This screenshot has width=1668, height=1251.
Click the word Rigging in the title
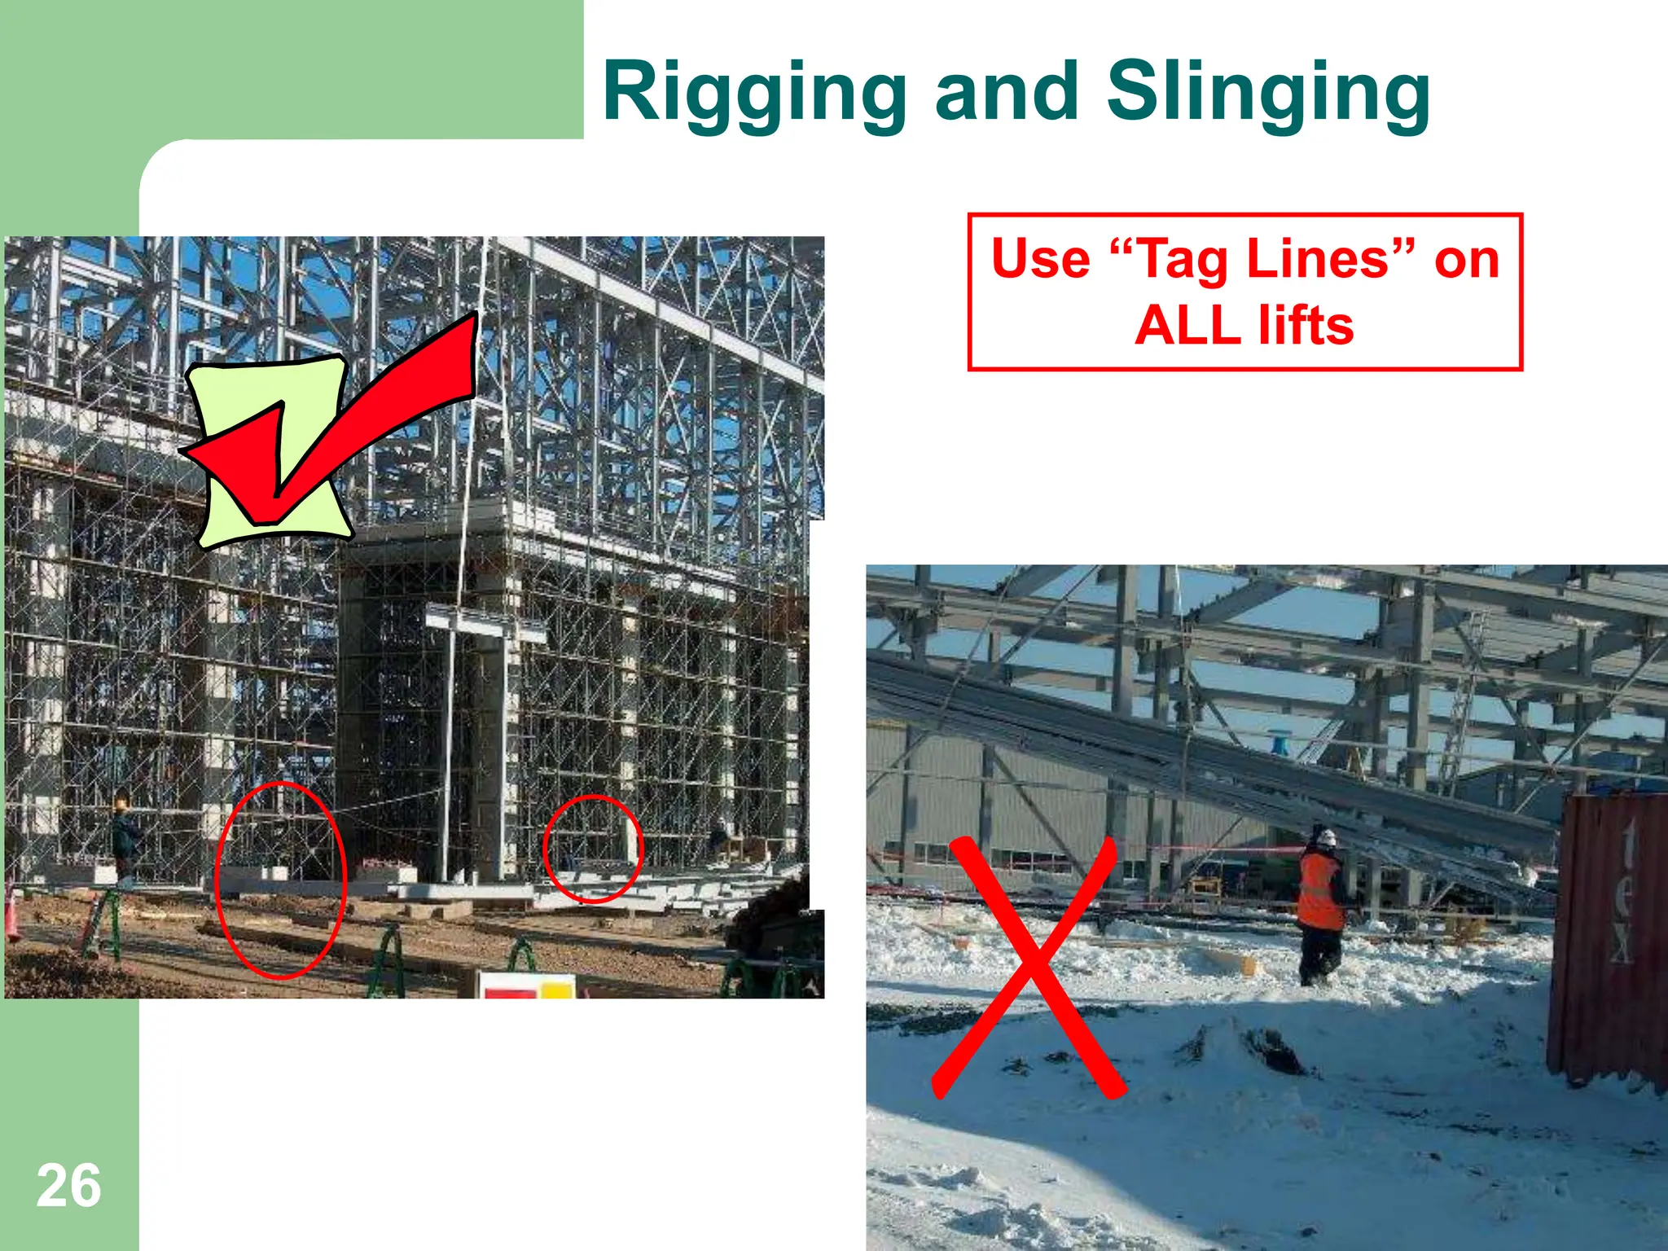point(754,94)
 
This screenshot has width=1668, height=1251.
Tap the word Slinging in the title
point(1267,94)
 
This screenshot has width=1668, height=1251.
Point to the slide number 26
point(68,1186)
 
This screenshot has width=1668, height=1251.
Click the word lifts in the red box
point(1306,325)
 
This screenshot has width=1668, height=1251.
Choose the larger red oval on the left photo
point(281,880)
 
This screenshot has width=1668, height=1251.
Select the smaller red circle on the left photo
point(593,849)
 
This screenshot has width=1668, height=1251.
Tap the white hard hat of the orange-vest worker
point(1327,836)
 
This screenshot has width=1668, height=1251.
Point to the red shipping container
point(1609,937)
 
